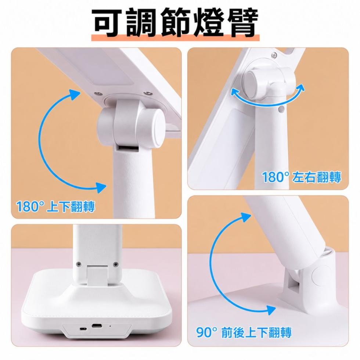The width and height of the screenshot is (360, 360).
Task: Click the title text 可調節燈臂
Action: pos(176,23)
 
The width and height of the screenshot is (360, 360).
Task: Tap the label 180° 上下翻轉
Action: pos(55,206)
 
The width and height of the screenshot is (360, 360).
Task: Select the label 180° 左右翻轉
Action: pos(302,177)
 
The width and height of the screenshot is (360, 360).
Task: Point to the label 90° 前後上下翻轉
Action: pos(244,332)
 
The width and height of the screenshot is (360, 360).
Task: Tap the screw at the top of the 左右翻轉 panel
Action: pos(274,55)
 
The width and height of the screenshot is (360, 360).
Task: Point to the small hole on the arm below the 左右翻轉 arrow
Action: pos(281,109)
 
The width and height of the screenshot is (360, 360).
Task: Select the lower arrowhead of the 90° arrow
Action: pos(271,310)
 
